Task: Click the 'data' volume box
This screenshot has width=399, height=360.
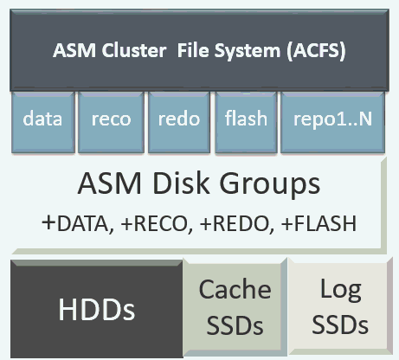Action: [x=42, y=119]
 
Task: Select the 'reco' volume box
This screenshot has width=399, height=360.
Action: [x=110, y=119]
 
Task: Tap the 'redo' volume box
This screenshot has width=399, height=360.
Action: [x=178, y=119]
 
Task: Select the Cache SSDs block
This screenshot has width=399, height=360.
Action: [x=235, y=308]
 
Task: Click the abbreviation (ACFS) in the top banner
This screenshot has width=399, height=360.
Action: [x=305, y=49]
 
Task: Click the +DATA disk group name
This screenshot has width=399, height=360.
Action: [x=78, y=223]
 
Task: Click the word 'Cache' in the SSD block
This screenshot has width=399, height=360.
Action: [x=235, y=290]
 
